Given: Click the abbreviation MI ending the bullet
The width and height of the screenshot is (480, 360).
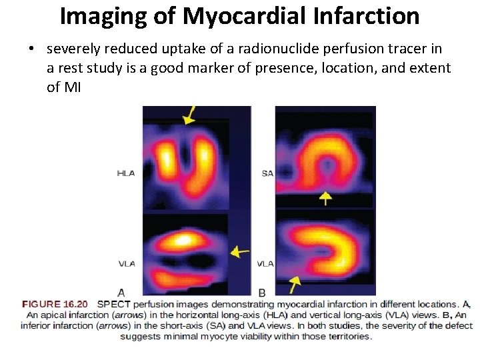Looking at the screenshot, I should (x=72, y=87).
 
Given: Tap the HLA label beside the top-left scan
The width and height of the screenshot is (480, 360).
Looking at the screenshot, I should (x=126, y=173).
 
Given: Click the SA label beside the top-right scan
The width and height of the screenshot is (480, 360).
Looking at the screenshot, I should (x=267, y=173).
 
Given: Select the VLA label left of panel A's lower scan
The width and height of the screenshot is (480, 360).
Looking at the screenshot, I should (x=127, y=263).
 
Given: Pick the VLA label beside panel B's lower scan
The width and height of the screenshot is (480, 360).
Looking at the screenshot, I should (x=265, y=263).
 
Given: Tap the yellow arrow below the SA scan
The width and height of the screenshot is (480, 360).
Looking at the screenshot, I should (x=325, y=197).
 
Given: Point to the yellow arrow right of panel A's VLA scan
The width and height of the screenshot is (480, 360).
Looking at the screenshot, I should (x=239, y=252).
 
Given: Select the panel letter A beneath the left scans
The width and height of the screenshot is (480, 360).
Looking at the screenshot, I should (x=121, y=292).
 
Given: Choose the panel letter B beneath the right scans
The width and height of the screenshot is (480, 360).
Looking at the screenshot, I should (x=262, y=292).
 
